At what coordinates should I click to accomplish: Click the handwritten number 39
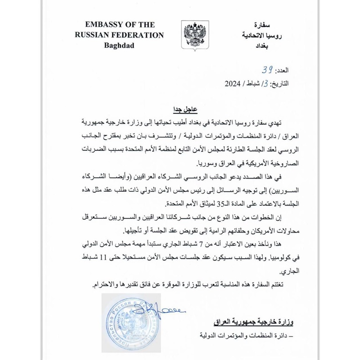point(268,70)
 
